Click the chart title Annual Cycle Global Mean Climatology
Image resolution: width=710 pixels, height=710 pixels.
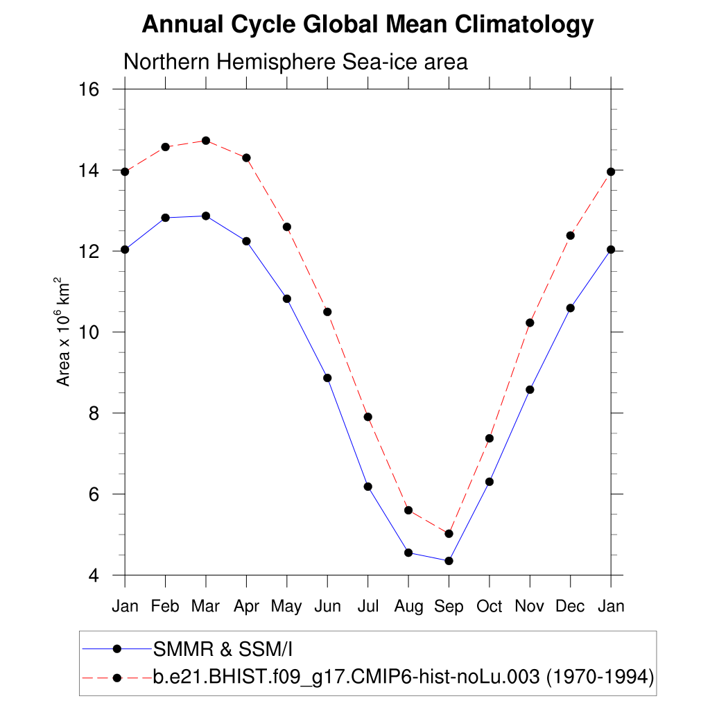tap(367, 26)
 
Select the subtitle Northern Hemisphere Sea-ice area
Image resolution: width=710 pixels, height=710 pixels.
tap(295, 62)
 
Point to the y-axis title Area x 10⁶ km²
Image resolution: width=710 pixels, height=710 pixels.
tap(64, 332)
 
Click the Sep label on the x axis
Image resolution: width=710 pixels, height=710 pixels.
tap(449, 607)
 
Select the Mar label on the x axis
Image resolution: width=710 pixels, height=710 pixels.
tap(205, 607)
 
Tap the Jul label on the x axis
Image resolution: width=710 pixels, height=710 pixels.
tap(367, 607)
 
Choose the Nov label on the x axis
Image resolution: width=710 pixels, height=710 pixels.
tap(530, 607)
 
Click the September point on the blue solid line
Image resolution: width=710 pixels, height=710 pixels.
tap(449, 561)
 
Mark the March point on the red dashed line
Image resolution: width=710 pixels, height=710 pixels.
tap(206, 141)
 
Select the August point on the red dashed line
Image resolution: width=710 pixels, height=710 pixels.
tap(408, 510)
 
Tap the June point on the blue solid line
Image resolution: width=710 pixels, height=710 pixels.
tap(327, 378)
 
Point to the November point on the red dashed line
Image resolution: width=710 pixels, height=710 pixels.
tap(530, 322)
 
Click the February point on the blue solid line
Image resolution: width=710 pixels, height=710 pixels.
tap(165, 218)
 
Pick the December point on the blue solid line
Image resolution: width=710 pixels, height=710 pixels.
tap(571, 308)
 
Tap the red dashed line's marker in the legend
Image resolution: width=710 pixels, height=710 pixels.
tap(116, 677)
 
